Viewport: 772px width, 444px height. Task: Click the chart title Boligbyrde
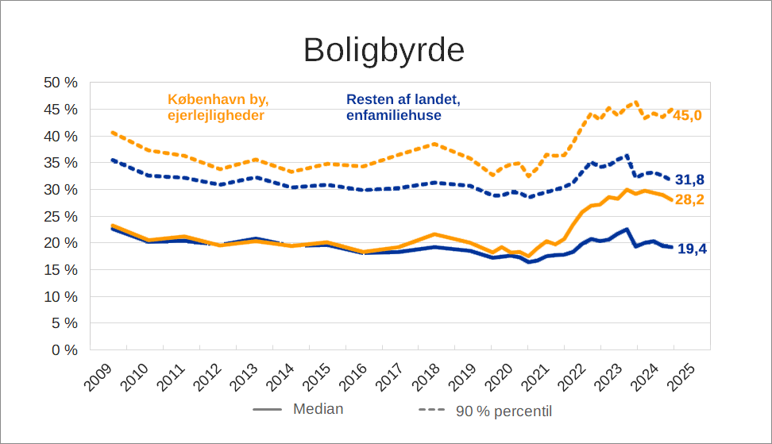point(384,50)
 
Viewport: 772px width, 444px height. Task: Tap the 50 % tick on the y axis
point(60,83)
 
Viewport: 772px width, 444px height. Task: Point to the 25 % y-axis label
point(60,216)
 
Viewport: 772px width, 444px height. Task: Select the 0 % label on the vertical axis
point(64,349)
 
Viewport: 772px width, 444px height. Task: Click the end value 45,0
point(688,116)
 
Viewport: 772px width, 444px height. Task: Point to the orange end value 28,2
point(689,199)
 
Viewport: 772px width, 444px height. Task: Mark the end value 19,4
point(692,249)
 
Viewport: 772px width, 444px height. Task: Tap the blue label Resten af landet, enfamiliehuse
point(403,108)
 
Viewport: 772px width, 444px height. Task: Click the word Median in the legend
point(318,410)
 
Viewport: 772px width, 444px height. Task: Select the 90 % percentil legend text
point(504,411)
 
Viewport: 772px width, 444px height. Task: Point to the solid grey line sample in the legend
point(268,410)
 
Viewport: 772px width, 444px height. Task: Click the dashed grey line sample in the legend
point(431,411)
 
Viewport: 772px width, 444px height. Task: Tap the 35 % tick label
point(60,163)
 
